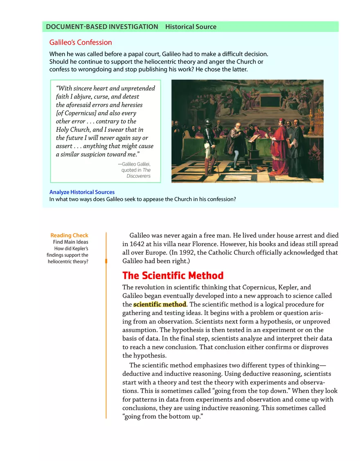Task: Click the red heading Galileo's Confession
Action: [x=81, y=43]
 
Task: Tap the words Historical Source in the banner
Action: [x=191, y=27]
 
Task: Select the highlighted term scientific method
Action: [x=160, y=304]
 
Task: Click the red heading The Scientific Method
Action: [x=173, y=276]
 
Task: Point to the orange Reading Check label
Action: [x=69, y=235]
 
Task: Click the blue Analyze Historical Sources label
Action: [x=82, y=192]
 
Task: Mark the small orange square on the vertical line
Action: [x=106, y=261]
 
